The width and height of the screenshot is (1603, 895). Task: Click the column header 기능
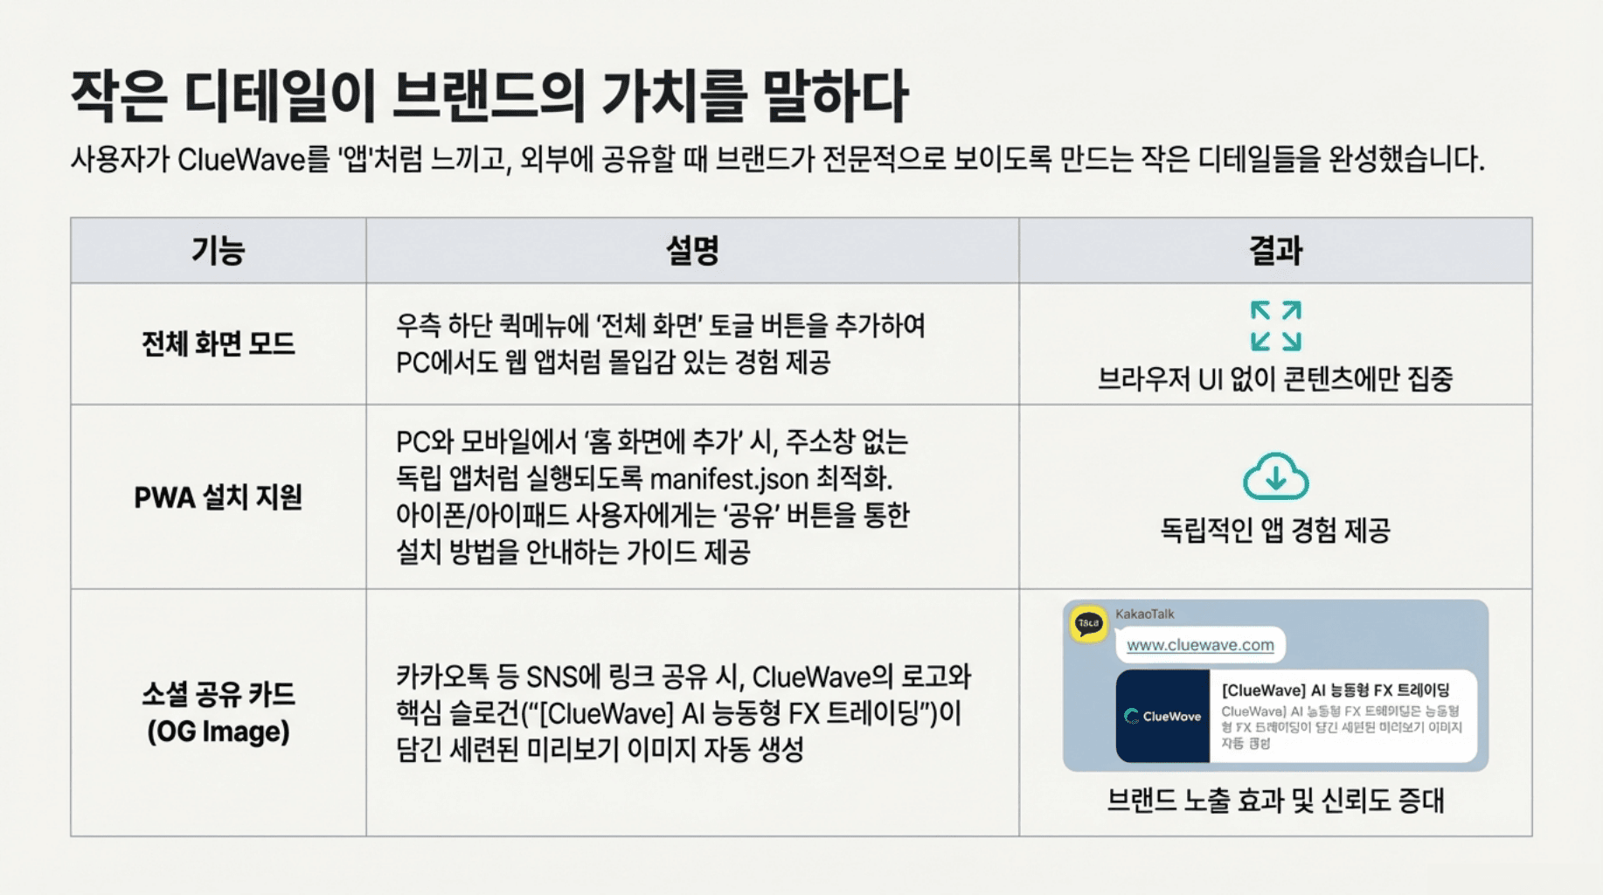click(218, 251)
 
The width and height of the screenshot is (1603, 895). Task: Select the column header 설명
click(692, 251)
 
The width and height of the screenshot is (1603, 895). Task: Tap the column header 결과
click(1275, 251)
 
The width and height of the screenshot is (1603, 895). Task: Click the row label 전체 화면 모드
click(218, 343)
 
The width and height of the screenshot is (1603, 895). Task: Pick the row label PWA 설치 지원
click(218, 497)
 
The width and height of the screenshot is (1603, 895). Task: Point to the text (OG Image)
click(218, 732)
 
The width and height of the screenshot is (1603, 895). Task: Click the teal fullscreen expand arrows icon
click(1275, 326)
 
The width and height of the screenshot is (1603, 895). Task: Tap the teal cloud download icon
click(1275, 476)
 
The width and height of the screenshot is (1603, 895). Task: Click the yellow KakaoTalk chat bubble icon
click(1088, 624)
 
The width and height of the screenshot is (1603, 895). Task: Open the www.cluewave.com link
click(1200, 645)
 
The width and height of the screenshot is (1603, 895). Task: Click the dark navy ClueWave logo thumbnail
click(1162, 716)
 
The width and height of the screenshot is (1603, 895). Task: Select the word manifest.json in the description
click(729, 479)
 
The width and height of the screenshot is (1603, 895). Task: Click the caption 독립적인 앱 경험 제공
click(1275, 530)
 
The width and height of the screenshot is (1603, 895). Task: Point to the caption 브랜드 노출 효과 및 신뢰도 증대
click(1275, 800)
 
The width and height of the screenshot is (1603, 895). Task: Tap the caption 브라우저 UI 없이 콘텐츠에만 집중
click(1275, 379)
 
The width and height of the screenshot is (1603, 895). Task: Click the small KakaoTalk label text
click(1144, 614)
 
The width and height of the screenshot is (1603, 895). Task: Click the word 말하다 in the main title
click(835, 95)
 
